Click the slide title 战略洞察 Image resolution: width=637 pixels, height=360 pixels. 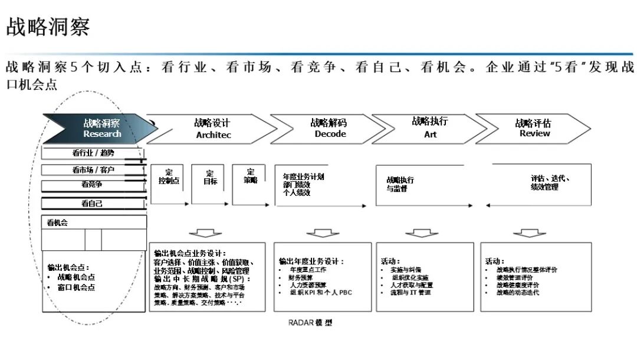tap(48, 27)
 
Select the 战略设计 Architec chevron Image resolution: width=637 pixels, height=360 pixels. tap(213, 129)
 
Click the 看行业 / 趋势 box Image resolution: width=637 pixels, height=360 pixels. tap(93, 153)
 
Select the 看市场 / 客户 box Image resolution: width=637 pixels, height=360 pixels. tap(93, 170)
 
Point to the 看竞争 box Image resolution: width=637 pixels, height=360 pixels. tap(93, 185)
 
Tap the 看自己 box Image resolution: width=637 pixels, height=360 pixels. tap(93, 204)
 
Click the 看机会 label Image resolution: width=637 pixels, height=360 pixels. tap(58, 222)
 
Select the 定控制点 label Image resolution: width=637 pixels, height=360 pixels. tap(169, 177)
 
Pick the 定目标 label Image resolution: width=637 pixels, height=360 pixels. tap(210, 177)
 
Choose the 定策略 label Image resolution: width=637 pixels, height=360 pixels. tap(251, 176)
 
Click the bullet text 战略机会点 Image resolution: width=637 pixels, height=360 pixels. tap(76, 277)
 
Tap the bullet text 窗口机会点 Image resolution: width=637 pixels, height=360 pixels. tap(76, 287)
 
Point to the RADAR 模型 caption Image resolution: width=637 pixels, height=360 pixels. tap(310, 323)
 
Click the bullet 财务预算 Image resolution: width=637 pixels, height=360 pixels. tap(301, 277)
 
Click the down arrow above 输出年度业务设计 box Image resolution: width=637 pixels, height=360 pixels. tap(323, 233)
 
